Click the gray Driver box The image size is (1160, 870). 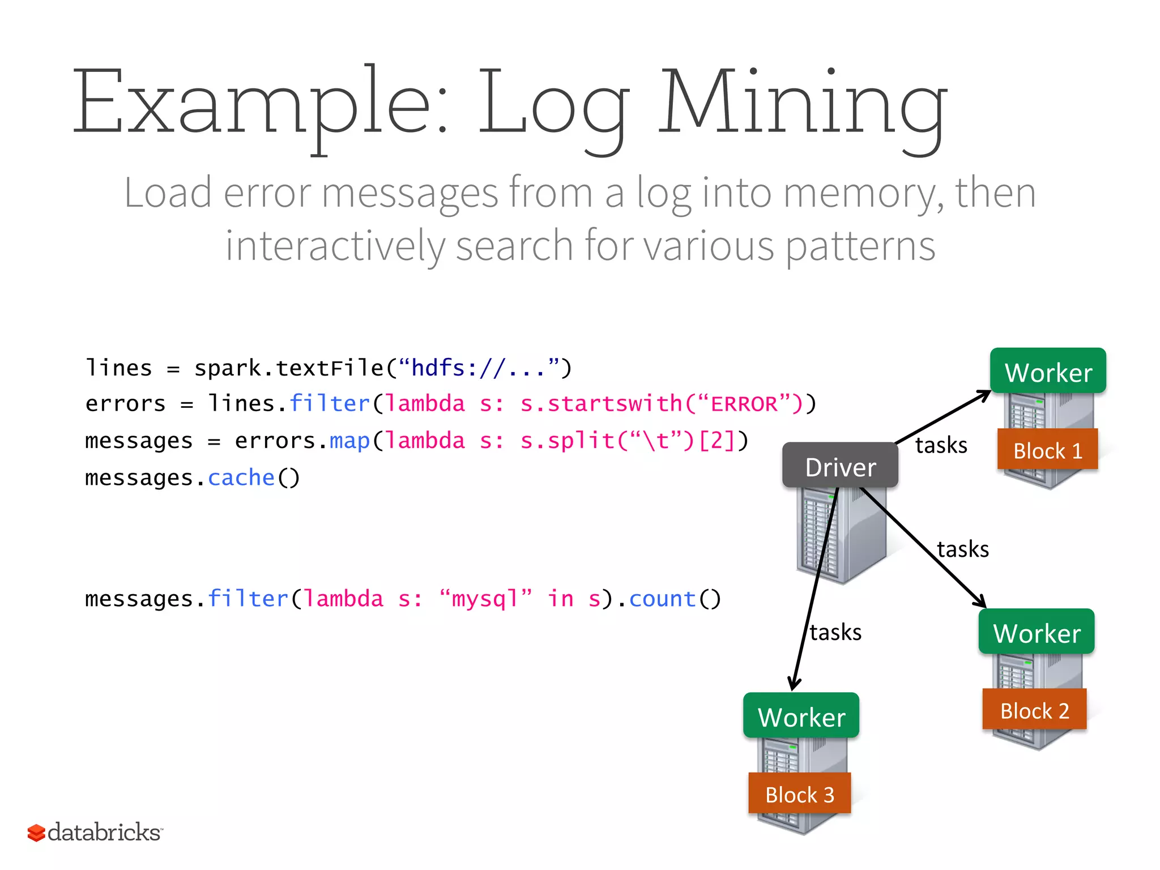pyautogui.click(x=840, y=466)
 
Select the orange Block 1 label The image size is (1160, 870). pyautogui.click(x=1047, y=450)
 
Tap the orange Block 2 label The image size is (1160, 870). pyautogui.click(x=1034, y=710)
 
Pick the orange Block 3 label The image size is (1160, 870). pyautogui.click(x=799, y=794)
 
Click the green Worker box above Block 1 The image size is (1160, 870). pyautogui.click(x=1048, y=372)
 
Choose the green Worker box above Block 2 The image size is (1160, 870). pyautogui.click(x=1037, y=632)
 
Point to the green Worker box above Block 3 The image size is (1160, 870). pyautogui.click(x=801, y=716)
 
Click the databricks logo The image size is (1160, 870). pyautogui.click(x=95, y=832)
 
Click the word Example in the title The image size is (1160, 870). pyautogui.click(x=261, y=105)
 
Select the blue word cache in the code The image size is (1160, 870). pyautogui.click(x=241, y=477)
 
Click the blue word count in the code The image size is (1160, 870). pyautogui.click(x=662, y=599)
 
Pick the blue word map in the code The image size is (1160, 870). pyautogui.click(x=349, y=441)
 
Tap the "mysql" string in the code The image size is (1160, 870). pyautogui.click(x=486, y=599)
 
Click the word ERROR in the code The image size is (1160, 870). pyautogui.click(x=744, y=404)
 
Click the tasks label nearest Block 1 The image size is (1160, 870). pyautogui.click(x=941, y=445)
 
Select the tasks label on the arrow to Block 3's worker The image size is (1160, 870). pyautogui.click(x=835, y=632)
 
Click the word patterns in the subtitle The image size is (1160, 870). pyautogui.click(x=860, y=246)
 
